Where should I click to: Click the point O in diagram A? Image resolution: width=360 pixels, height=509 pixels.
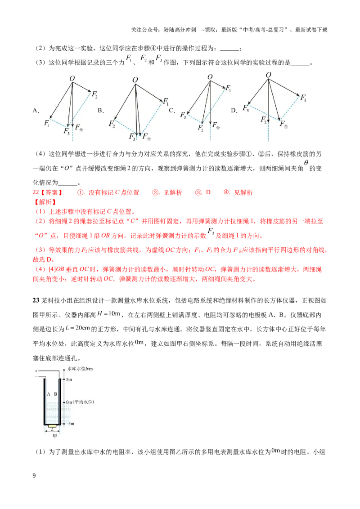72,79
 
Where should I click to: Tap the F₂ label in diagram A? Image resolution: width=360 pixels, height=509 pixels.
94,94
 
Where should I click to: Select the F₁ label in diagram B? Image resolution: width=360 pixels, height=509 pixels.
166,102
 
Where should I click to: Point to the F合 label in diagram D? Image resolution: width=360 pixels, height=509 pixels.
283,124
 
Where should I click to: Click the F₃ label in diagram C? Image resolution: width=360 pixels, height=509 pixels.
183,115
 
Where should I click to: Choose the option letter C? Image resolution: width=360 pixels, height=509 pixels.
172,110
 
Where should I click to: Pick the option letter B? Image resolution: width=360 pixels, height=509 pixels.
101,110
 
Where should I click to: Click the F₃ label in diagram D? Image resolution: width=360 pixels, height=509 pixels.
246,108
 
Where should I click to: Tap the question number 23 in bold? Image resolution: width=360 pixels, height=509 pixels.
36,300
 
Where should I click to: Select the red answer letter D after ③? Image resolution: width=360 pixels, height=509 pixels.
208,192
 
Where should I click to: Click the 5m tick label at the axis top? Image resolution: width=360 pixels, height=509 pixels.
69,379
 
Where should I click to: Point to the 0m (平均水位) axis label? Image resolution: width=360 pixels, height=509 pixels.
80,402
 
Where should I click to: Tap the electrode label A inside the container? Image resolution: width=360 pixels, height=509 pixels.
49,394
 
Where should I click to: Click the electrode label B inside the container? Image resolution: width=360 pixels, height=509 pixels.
55,394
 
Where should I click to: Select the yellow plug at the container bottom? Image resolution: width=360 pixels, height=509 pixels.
52,425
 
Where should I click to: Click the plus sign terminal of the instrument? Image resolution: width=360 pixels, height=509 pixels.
36,371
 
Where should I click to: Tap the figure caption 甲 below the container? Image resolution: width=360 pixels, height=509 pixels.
54,436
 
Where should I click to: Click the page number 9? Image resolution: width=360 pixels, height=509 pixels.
34,476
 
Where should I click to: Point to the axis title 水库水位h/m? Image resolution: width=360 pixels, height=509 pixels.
80,368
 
